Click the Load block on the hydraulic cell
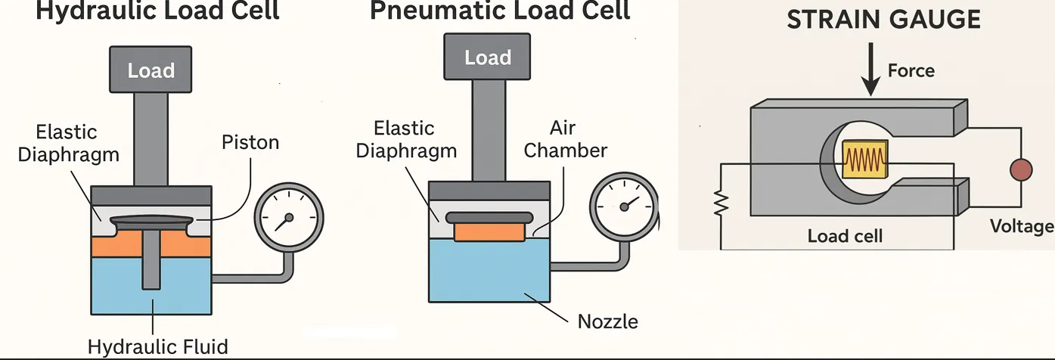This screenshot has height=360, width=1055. pyautogui.click(x=151, y=70)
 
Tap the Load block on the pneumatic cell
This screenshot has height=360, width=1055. pyautogui.click(x=488, y=57)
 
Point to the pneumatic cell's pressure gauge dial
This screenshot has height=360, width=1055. pyautogui.click(x=625, y=206)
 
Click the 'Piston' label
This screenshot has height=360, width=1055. pyautogui.click(x=250, y=142)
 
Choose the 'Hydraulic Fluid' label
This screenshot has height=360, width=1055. pyautogui.click(x=157, y=347)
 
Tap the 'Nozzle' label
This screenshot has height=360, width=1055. pyautogui.click(x=607, y=321)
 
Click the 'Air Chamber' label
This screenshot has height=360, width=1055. pyautogui.click(x=565, y=139)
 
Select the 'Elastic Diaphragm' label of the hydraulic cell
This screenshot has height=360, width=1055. pyautogui.click(x=68, y=144)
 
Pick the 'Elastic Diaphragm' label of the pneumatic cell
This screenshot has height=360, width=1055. pyautogui.click(x=406, y=139)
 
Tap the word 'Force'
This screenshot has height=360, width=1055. pyautogui.click(x=911, y=71)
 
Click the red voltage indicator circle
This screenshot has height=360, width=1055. pyautogui.click(x=1021, y=170)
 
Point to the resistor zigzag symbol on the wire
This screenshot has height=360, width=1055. pyautogui.click(x=721, y=202)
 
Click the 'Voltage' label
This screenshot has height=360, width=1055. pyautogui.click(x=1022, y=226)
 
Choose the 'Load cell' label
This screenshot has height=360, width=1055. pyautogui.click(x=845, y=236)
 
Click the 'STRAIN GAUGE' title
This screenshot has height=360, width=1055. pyautogui.click(x=883, y=20)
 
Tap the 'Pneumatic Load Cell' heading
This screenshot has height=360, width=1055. pyautogui.click(x=500, y=11)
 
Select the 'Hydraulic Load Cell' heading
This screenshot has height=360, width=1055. pyautogui.click(x=157, y=11)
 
